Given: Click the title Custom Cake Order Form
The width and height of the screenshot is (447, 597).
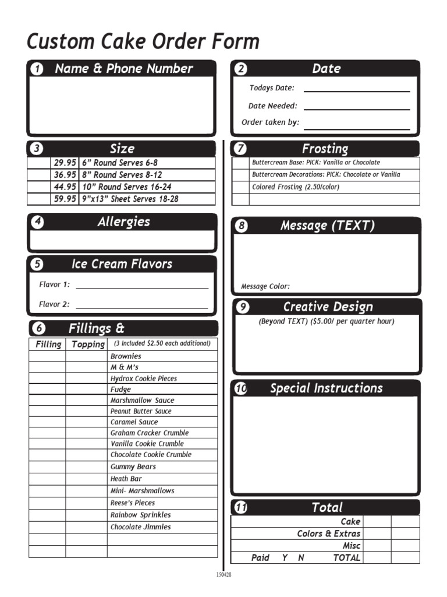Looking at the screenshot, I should coord(143,42).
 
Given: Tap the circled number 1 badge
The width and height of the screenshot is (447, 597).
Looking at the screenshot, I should coord(37,69).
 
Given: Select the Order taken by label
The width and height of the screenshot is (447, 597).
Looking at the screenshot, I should coord(270,122).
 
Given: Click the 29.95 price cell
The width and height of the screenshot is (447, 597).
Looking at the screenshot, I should coord(65,163).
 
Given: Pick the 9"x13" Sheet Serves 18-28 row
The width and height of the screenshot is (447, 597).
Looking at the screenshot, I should coord(130,199).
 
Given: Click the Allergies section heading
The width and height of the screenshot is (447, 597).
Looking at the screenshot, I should coord(123,222).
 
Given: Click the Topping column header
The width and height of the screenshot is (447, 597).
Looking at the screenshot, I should coord(87,344).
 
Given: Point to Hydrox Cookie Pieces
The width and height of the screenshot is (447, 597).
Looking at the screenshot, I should coord(144,378).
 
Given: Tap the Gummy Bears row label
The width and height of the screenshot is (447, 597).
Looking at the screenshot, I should coord(133,467).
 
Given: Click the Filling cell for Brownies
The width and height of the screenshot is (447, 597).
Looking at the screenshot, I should coord(47,356).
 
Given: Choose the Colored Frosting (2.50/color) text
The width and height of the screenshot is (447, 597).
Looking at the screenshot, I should coord(295,187).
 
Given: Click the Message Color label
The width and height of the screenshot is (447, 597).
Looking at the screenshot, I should coord(265,286).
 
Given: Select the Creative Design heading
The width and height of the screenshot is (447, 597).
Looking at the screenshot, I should coord(328,307).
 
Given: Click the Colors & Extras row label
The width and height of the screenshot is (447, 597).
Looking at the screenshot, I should coord(328,533).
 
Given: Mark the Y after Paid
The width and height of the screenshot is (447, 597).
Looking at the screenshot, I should coord(285,558).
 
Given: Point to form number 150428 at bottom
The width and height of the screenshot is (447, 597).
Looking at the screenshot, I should coord(224,574).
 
